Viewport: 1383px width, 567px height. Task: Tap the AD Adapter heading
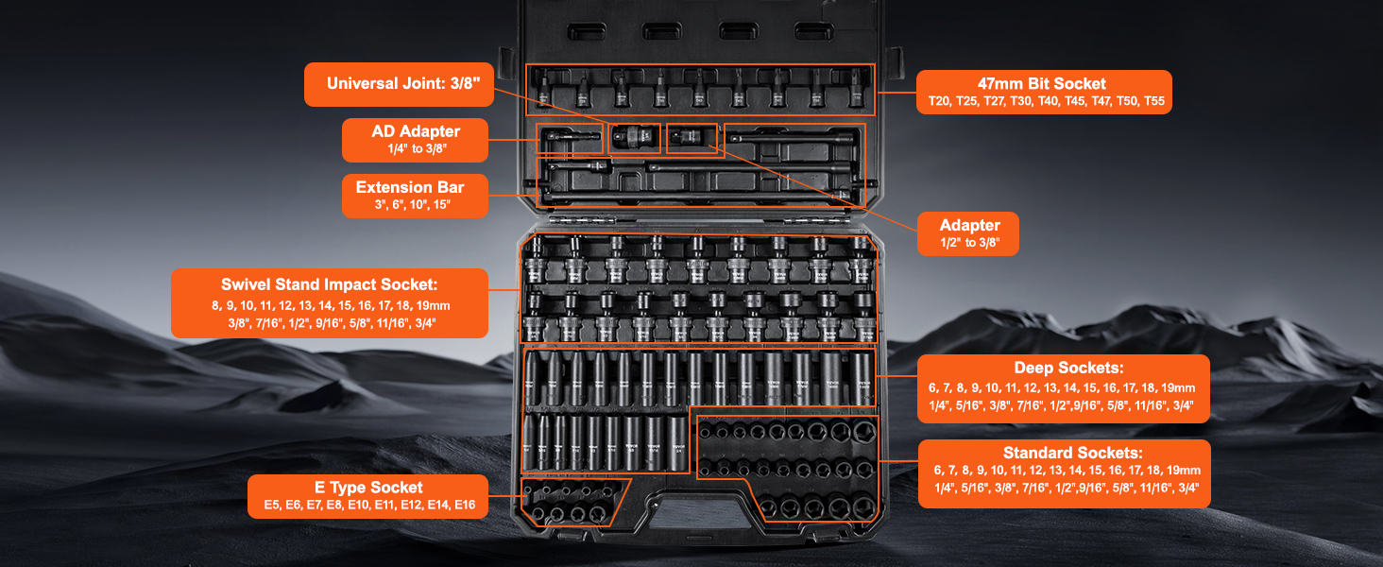click(x=416, y=130)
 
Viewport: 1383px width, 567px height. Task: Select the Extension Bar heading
click(x=410, y=187)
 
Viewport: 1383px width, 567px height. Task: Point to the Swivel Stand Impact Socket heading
click(x=330, y=284)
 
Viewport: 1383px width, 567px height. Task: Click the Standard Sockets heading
click(x=1065, y=453)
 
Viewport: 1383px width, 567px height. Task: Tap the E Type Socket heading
click(x=368, y=488)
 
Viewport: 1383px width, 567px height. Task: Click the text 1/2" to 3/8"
click(x=969, y=244)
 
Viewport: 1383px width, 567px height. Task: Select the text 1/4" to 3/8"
click(x=416, y=148)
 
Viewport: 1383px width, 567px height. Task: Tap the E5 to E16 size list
click(x=368, y=506)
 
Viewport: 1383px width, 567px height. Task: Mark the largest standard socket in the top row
click(x=862, y=433)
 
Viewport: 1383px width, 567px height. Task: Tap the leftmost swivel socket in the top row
click(x=537, y=261)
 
